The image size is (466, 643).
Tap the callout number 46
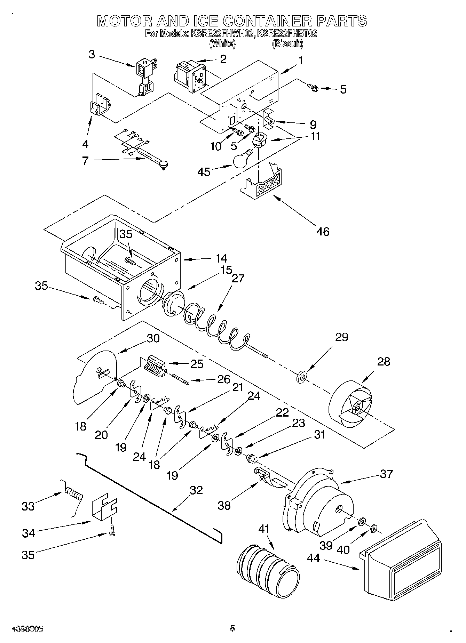click(x=323, y=231)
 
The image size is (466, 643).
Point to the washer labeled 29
click(x=302, y=377)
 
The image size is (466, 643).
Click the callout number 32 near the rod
click(x=196, y=490)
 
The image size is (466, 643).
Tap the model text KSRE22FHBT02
click(x=287, y=34)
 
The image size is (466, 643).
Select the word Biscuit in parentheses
click(x=287, y=44)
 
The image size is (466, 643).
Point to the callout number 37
click(x=386, y=474)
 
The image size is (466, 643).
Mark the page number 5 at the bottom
click(x=232, y=628)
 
